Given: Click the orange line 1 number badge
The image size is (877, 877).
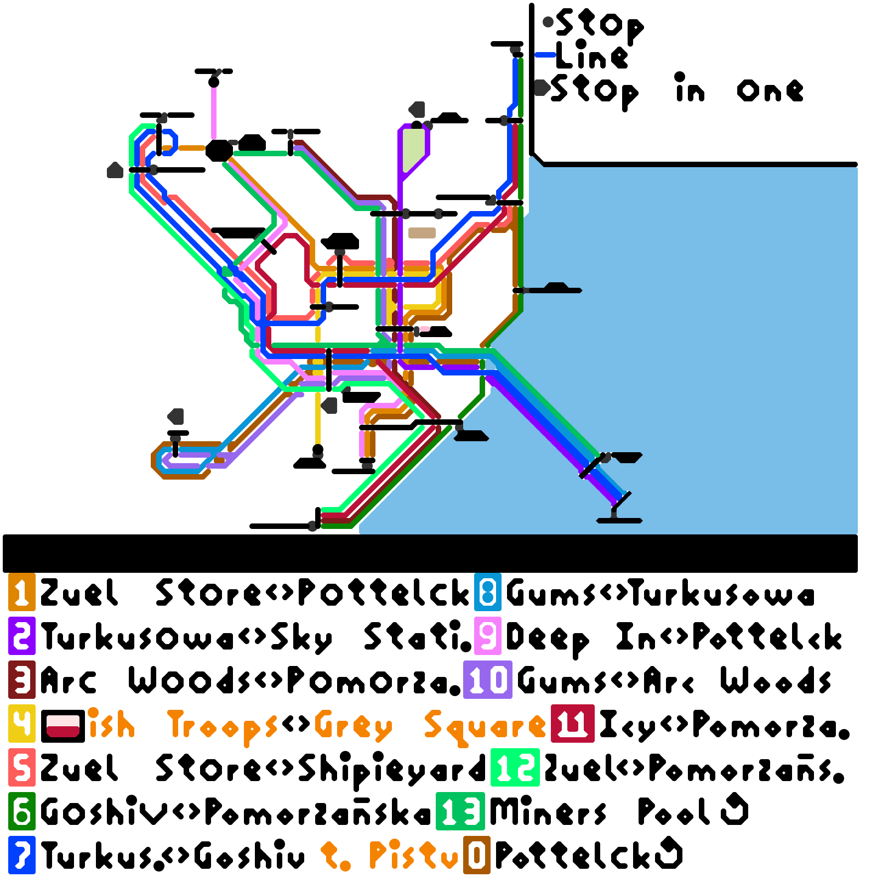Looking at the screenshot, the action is click(22, 592).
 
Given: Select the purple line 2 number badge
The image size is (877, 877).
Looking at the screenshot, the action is click(22, 636).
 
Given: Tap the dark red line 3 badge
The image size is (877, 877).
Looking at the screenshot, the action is click(22, 680).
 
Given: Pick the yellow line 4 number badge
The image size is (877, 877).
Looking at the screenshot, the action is click(22, 724).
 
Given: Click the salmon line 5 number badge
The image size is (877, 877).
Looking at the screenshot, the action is click(22, 767).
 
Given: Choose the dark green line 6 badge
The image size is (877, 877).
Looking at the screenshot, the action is click(22, 811).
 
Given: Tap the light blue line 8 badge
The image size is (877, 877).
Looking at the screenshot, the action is click(488, 592).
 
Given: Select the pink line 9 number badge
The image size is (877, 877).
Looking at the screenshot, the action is click(488, 636).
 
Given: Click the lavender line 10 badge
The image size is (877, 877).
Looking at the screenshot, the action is click(488, 680).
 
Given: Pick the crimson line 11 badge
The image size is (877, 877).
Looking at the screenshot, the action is click(573, 724).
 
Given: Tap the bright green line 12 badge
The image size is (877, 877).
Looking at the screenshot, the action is click(515, 767).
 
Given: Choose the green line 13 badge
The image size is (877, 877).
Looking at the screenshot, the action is click(460, 811).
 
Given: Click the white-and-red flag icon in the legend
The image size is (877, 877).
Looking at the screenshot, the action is click(63, 726).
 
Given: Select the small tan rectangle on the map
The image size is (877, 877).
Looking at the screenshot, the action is click(422, 233).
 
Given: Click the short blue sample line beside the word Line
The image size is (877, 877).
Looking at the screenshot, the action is click(545, 55).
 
